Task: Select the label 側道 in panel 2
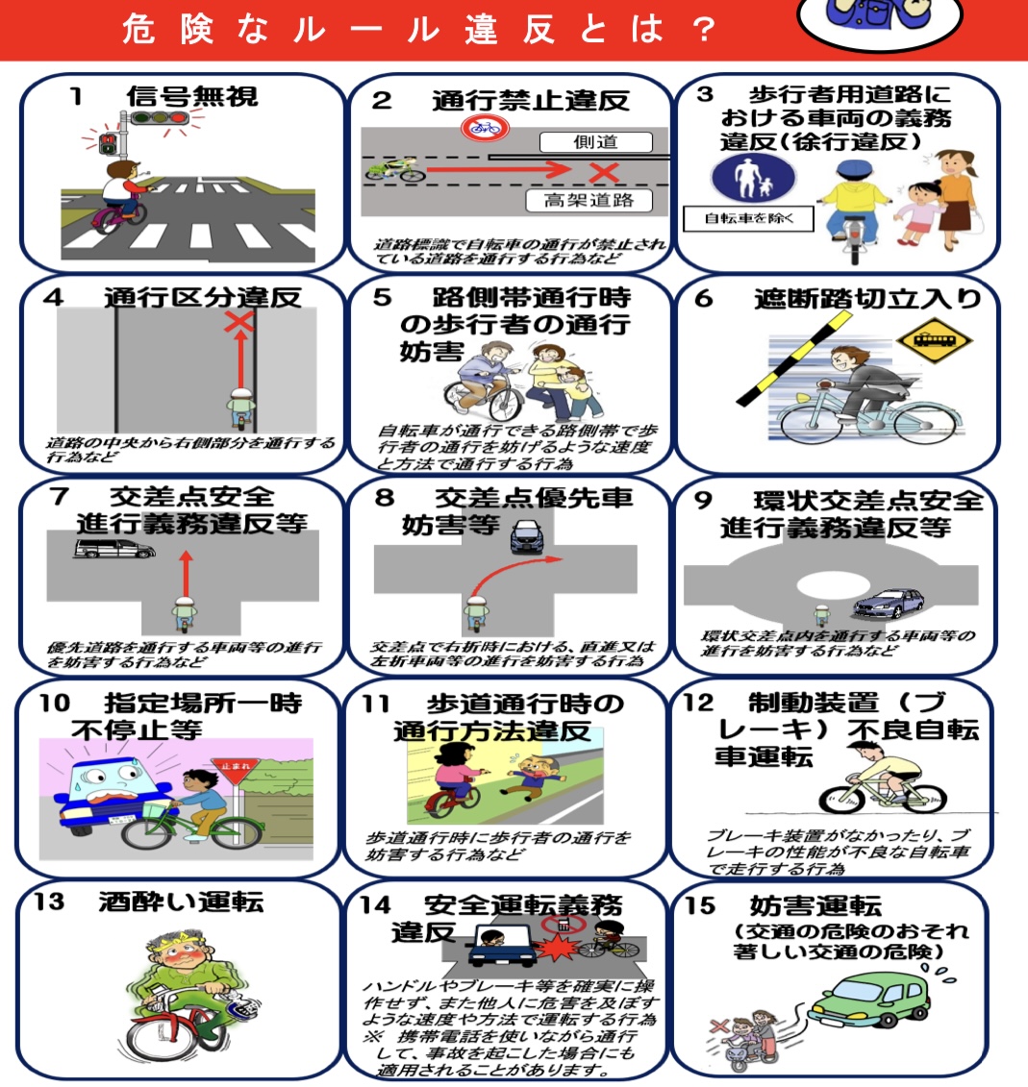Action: point(595,142)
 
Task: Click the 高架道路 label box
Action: point(588,200)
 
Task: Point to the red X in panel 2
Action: point(603,172)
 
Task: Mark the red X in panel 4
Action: point(238,321)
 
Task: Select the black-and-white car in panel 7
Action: point(113,549)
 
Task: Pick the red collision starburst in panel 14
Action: point(556,949)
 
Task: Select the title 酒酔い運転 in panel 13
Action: point(180,902)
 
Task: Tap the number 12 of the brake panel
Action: point(699,703)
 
